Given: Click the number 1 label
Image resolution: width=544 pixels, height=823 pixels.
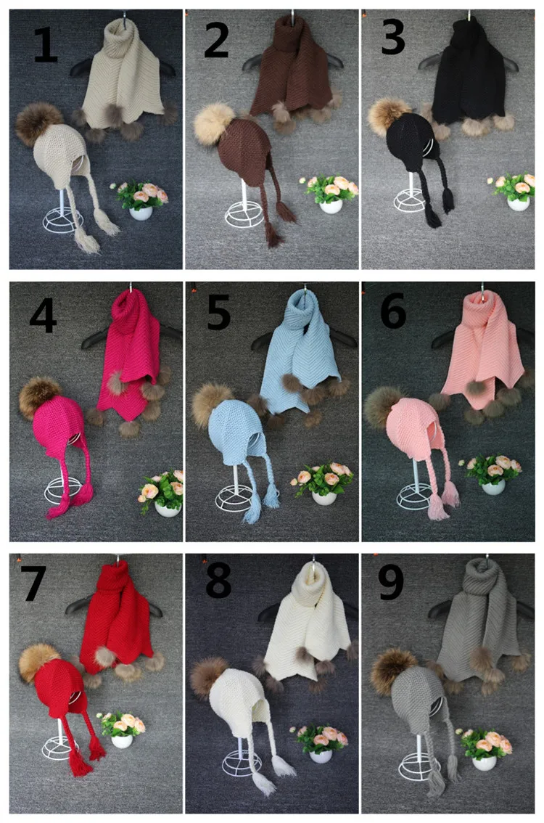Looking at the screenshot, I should (45, 45).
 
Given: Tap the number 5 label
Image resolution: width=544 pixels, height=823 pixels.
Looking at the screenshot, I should (218, 313).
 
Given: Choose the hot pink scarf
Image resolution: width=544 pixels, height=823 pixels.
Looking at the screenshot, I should (134, 348).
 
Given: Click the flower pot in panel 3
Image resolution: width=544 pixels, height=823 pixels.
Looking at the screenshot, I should (519, 203).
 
